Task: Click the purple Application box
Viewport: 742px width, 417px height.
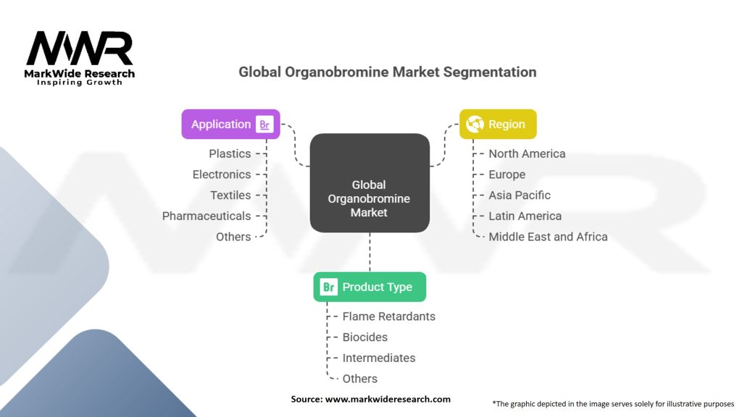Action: (230, 125)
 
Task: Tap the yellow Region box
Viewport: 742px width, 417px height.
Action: (498, 125)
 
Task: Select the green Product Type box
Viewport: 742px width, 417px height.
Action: (370, 287)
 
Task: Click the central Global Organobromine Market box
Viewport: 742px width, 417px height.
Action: (370, 183)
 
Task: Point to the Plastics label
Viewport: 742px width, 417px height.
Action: (230, 153)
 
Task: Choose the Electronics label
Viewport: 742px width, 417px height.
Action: (222, 174)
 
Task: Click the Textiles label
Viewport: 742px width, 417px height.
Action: (230, 195)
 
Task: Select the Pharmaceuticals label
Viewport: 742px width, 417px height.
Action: (207, 216)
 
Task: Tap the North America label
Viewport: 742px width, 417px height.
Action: (527, 153)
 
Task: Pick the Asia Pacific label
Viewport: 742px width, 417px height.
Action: (519, 195)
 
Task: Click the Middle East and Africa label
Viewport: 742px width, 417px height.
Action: (548, 237)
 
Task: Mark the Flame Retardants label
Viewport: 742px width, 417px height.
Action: (388, 316)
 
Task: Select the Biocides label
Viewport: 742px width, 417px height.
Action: (365, 337)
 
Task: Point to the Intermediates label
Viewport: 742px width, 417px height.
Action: (378, 358)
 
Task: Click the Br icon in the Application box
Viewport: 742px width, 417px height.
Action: (264, 125)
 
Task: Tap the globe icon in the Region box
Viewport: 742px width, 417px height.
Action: (475, 125)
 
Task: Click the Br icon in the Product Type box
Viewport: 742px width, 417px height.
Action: (329, 287)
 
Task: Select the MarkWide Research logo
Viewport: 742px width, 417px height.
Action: (80, 58)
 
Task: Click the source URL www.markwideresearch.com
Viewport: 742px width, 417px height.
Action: (388, 399)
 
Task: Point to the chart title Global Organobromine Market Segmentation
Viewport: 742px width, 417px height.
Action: (387, 72)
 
